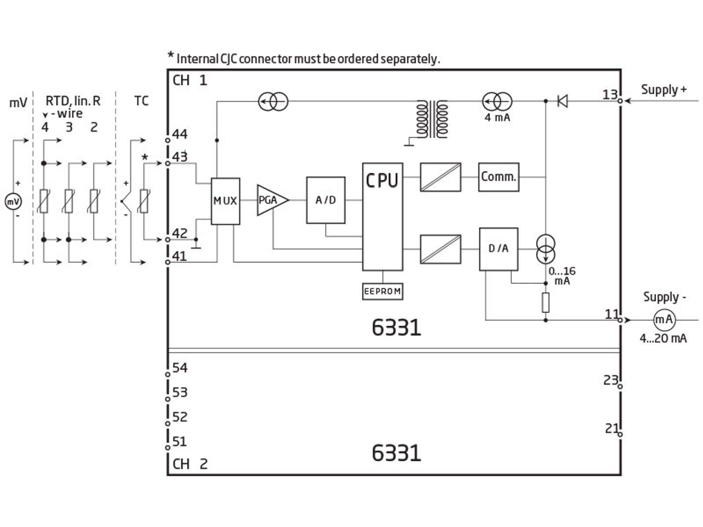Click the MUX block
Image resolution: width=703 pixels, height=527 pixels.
(225, 201)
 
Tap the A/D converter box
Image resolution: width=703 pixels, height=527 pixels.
(326, 200)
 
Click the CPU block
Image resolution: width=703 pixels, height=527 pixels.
(383, 216)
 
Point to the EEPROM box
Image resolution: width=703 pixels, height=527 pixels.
(383, 291)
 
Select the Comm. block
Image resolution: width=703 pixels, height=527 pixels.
(498, 177)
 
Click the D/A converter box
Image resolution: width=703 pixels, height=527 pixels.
(498, 249)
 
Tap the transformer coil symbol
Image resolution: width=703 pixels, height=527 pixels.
(432, 119)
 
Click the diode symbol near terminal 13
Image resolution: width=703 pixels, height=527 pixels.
(562, 101)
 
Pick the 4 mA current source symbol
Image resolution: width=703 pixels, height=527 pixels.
(497, 101)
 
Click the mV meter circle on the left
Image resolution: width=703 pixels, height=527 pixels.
(13, 202)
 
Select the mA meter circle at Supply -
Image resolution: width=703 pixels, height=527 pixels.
(664, 320)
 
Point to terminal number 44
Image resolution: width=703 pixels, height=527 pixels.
(179, 134)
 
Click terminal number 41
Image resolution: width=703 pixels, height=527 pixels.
(179, 256)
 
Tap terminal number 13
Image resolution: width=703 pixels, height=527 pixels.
(610, 95)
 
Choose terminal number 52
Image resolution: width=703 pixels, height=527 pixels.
(180, 417)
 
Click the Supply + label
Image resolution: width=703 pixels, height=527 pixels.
(663, 90)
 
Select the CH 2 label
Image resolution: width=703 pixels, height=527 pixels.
(190, 464)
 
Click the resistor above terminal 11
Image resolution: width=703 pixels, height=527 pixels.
(546, 302)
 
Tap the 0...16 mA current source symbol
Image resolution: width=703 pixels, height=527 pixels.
(546, 249)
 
